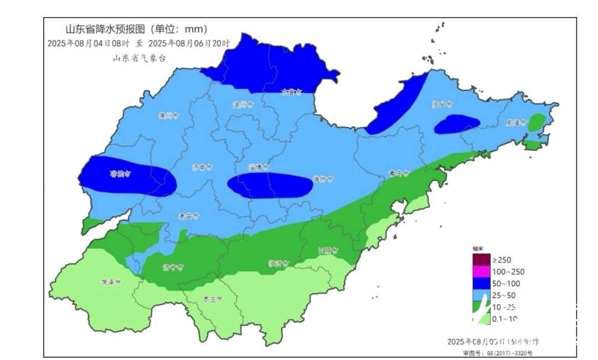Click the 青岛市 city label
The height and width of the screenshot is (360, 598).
[x=398, y=173]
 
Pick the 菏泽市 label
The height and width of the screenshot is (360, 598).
[x=111, y=282]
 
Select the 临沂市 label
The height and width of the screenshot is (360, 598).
[x=279, y=263]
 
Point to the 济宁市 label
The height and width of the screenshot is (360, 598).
[x=173, y=268]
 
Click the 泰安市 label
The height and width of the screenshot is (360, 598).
[x=189, y=216]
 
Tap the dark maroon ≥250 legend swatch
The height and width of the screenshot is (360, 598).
[x=481, y=260]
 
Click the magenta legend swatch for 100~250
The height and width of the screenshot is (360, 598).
[x=481, y=271]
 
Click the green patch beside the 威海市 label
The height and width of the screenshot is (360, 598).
[x=537, y=122]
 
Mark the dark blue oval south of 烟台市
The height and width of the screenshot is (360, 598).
[x=457, y=124]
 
